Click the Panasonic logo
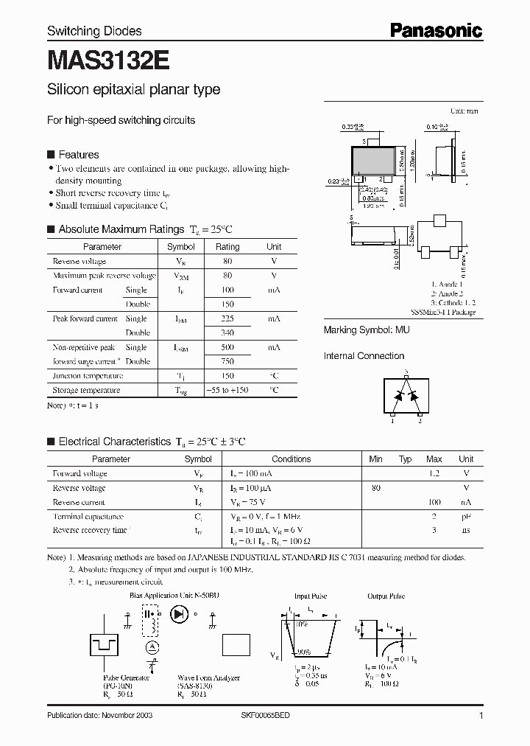tap(436, 30)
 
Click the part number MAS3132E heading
tap(98, 60)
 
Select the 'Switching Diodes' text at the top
tap(94, 31)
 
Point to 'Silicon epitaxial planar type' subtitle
tap(133, 90)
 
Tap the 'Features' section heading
tap(78, 155)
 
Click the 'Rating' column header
tap(227, 247)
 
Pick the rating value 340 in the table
tap(227, 332)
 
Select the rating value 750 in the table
tap(227, 361)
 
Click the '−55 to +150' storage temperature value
tap(227, 390)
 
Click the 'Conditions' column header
tap(291, 459)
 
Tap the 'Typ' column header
tap(405, 459)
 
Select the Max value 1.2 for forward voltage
tap(434, 473)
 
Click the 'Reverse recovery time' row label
tap(90, 530)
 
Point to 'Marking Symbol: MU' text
tap(367, 330)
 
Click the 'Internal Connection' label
tap(364, 356)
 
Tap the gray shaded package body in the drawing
tap(375, 161)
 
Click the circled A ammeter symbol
tap(152, 646)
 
